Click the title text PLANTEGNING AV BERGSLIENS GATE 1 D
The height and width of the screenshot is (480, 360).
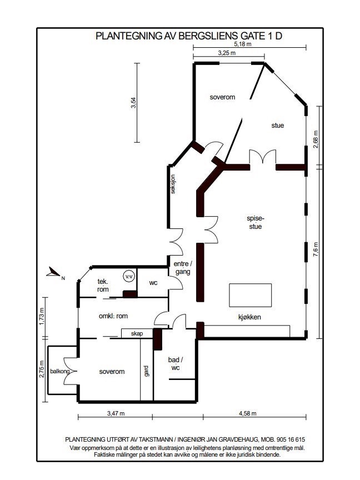point(189,36)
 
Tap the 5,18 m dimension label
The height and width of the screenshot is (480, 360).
point(242,44)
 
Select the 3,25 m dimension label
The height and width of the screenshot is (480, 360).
point(226,53)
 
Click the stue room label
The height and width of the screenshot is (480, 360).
point(277,126)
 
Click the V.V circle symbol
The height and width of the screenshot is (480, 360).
point(129,276)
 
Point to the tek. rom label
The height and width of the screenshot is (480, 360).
point(103,285)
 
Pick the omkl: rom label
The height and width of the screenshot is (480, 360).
point(113,316)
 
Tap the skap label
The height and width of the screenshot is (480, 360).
point(137,334)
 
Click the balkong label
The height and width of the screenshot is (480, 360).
point(59,372)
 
